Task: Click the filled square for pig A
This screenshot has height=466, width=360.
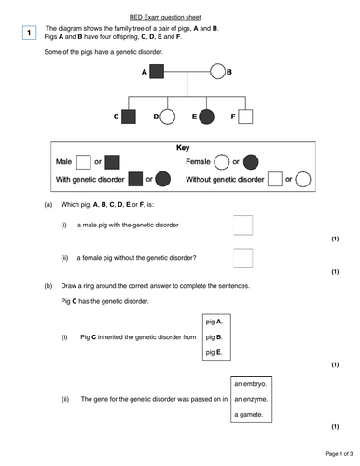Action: click(157, 71)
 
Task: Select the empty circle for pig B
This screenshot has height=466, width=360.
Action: click(218, 71)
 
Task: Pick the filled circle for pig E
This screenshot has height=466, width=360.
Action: click(207, 116)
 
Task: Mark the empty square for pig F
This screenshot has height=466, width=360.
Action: click(245, 116)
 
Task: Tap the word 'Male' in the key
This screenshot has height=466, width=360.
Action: click(64, 162)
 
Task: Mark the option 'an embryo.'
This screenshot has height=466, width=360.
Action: click(251, 383)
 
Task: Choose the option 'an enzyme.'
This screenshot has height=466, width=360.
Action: click(251, 399)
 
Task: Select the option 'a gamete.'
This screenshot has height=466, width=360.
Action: click(249, 415)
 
